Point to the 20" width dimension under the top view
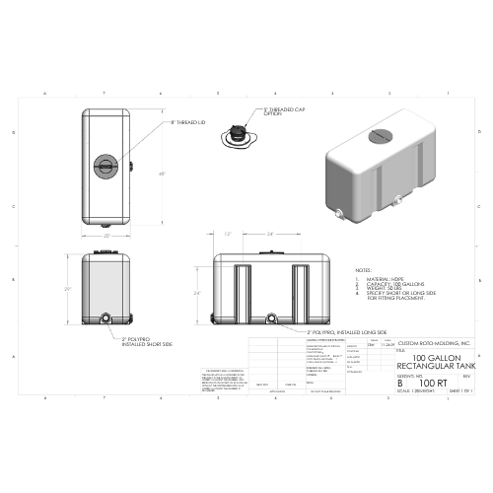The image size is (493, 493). pyautogui.click(x=107, y=237)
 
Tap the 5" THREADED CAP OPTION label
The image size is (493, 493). pyautogui.click(x=282, y=112)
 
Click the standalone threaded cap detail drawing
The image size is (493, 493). pyautogui.click(x=238, y=137)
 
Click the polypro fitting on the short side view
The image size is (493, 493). pyautogui.click(x=106, y=317)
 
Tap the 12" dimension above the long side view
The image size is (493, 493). pyautogui.click(x=228, y=235)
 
